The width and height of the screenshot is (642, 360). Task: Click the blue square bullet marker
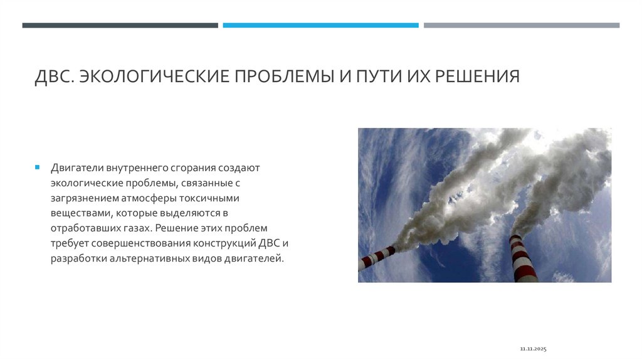(38, 168)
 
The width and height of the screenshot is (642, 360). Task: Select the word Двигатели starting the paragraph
(77, 168)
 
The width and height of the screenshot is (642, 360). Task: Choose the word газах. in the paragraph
(135, 228)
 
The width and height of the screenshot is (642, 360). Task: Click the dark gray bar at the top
(120, 26)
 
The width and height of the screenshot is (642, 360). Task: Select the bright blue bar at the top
(320, 26)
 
